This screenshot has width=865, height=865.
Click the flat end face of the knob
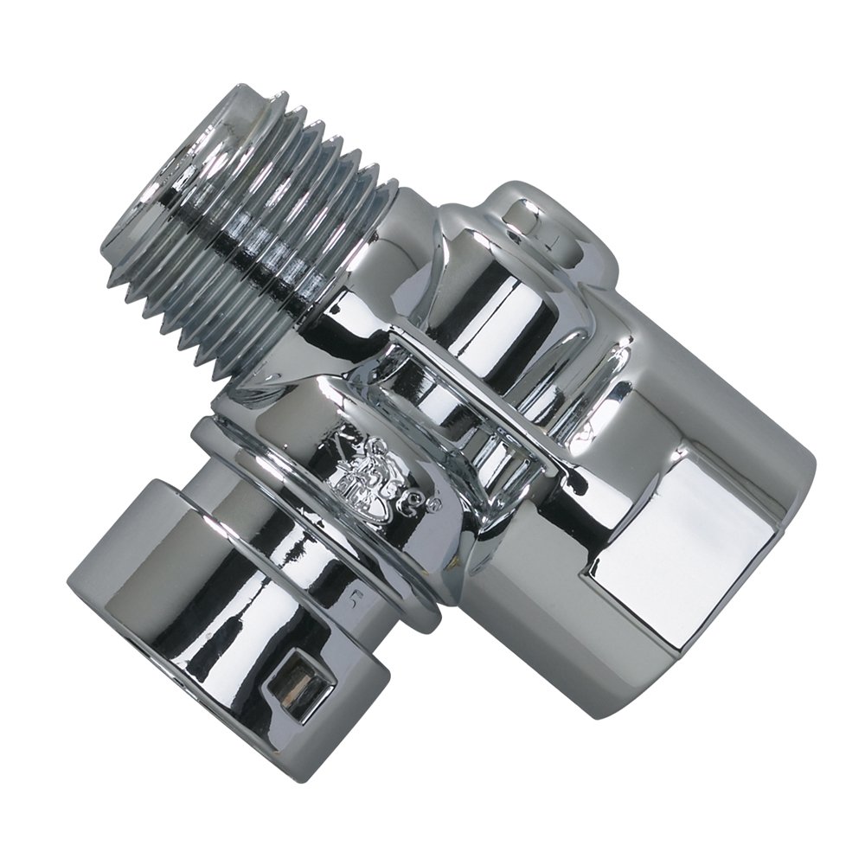pyautogui.click(x=130, y=597)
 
